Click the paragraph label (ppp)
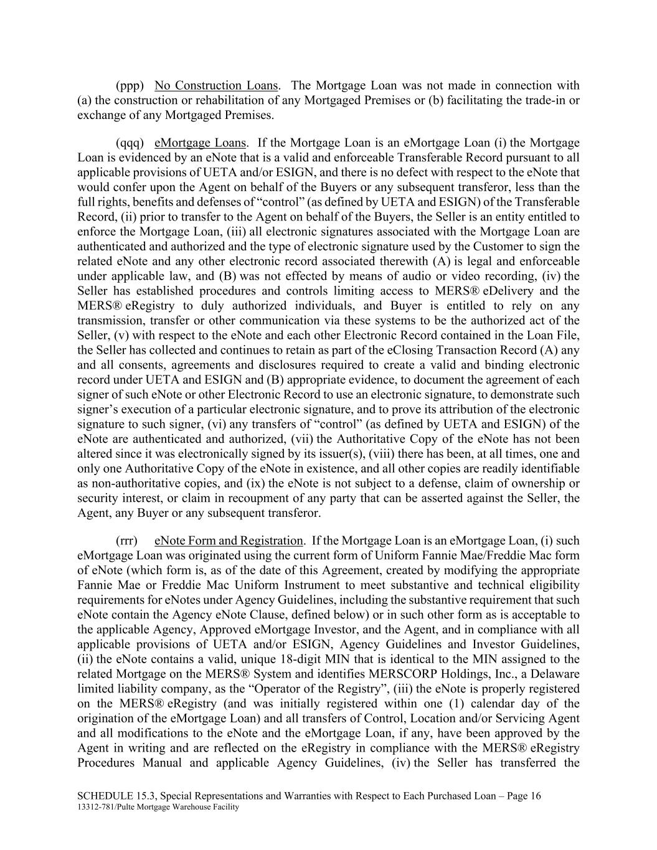tap(130, 86)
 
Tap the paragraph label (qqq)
tap(130, 143)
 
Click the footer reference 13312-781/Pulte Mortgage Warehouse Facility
tap(158, 807)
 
